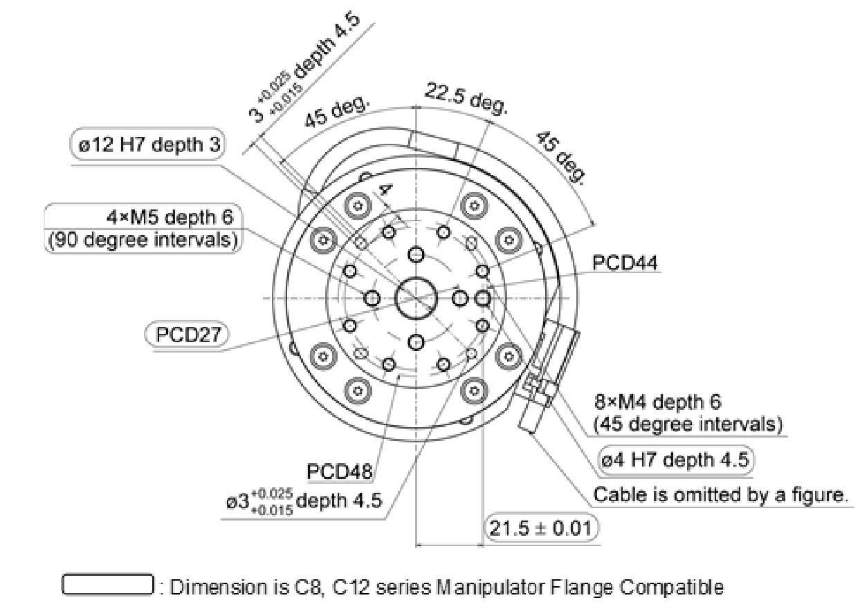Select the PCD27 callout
tap(187, 335)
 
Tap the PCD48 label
tap(339, 472)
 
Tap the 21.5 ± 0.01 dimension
tap(542, 528)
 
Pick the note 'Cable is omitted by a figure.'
tap(720, 495)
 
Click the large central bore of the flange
tap(416, 298)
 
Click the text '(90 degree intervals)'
tap(143, 241)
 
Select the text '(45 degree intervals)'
tap(690, 423)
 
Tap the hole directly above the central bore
tap(416, 254)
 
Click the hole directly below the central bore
tap(416, 341)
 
